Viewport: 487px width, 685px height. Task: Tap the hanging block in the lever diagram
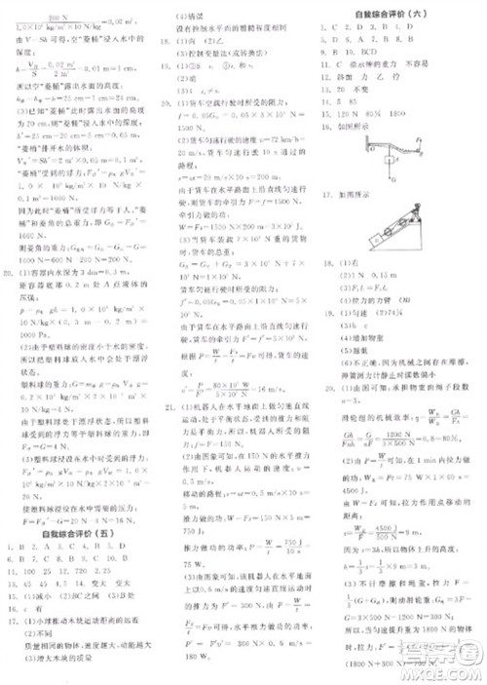pos(386,163)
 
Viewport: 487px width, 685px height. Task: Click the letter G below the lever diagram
pos(388,177)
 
